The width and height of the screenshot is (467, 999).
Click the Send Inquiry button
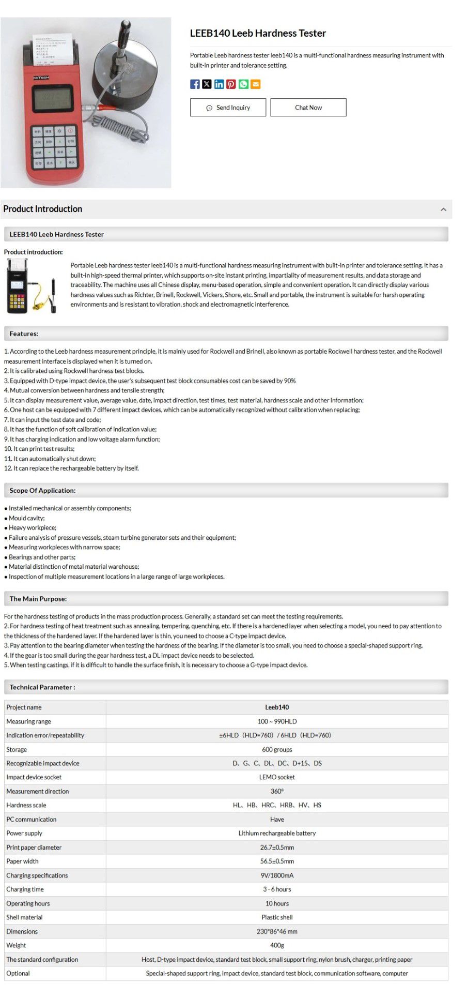point(228,108)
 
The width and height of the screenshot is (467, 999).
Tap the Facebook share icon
point(195,84)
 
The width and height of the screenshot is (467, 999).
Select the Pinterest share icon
point(231,84)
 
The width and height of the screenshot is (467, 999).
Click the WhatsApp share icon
point(243,84)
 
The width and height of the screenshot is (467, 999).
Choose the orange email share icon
point(255,84)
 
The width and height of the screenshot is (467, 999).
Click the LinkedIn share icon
point(219,84)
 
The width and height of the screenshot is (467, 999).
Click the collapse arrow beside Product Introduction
point(443,209)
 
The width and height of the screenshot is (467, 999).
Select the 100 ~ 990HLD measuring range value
point(277,721)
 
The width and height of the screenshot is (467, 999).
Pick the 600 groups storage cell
point(277,749)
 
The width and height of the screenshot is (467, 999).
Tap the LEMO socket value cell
point(277,777)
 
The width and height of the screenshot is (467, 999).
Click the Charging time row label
point(25,889)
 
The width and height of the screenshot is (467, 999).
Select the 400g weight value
point(277,945)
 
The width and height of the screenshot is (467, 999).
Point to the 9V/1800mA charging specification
point(277,875)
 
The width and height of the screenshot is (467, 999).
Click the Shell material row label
point(25,917)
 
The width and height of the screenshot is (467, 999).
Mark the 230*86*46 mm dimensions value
point(277,931)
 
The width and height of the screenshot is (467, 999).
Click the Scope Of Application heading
point(43,491)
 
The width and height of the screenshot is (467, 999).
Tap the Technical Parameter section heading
point(42,687)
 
